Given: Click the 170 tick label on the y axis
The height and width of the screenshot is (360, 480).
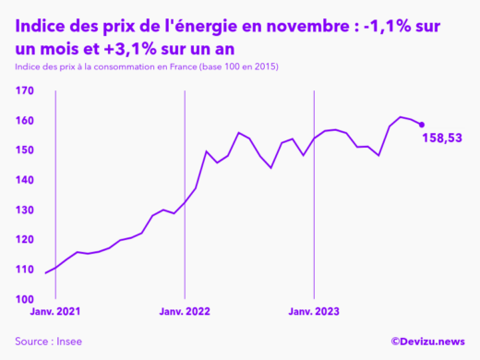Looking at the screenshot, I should pyautogui.click(x=24, y=90).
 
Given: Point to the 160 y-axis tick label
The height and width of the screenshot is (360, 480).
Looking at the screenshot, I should pyautogui.click(x=24, y=121).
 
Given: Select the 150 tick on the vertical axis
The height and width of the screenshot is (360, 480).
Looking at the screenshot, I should pyautogui.click(x=24, y=150).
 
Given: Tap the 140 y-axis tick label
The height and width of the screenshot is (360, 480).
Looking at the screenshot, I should pyautogui.click(x=24, y=180).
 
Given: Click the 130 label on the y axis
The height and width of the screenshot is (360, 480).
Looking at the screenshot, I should pyautogui.click(x=24, y=210).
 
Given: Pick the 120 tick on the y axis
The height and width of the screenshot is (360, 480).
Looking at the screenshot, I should pyautogui.click(x=24, y=240).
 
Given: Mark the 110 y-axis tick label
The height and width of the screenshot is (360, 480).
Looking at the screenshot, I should pyautogui.click(x=24, y=270).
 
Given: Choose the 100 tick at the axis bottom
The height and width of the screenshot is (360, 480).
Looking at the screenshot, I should pyautogui.click(x=24, y=299).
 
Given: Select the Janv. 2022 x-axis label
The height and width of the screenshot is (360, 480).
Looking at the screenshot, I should pyautogui.click(x=186, y=312).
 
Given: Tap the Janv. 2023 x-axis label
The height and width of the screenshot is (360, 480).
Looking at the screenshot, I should pyautogui.click(x=314, y=312).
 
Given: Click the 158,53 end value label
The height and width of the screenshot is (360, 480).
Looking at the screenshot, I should pyautogui.click(x=442, y=138).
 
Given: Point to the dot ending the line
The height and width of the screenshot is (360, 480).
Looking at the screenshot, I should pyautogui.click(x=422, y=125).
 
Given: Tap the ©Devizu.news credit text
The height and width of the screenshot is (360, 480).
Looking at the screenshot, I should pyautogui.click(x=427, y=342).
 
